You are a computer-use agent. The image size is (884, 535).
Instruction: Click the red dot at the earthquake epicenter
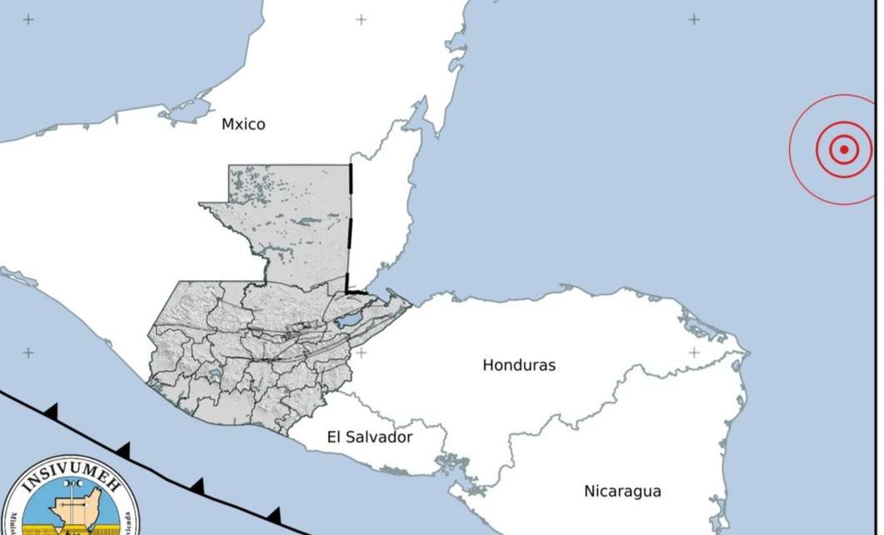point(843,150)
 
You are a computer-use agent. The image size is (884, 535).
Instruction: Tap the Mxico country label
point(243,124)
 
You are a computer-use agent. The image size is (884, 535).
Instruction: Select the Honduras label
point(518,365)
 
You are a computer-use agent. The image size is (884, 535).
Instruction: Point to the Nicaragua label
point(622,491)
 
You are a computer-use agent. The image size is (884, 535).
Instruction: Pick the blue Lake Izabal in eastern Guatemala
point(351,319)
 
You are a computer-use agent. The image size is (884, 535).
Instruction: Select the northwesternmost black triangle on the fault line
point(52,410)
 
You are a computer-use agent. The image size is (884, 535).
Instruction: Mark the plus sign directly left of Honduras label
point(361,352)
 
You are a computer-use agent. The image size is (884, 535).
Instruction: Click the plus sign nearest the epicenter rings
point(693,19)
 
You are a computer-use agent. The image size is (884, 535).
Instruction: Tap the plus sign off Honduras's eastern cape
point(693,352)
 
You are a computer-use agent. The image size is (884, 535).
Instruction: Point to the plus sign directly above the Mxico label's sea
point(361,19)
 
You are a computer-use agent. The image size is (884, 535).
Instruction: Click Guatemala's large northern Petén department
point(292,217)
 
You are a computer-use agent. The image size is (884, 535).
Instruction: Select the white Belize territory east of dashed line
point(379,217)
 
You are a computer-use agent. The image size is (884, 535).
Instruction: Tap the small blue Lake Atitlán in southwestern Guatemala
point(215,376)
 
